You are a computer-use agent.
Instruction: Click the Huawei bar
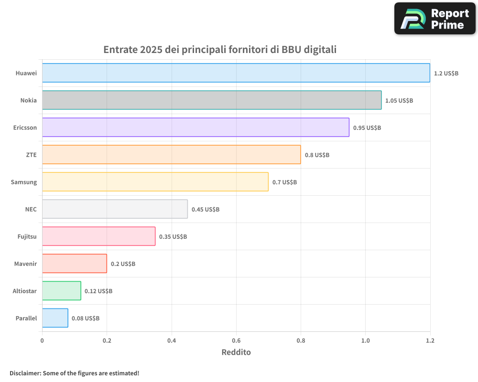tap(236, 73)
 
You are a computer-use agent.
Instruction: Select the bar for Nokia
tap(212, 100)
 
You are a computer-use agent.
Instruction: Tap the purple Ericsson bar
tap(196, 127)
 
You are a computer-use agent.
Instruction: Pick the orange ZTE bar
tap(171, 154)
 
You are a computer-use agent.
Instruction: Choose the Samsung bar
tap(155, 181)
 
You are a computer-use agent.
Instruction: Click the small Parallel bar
tap(55, 318)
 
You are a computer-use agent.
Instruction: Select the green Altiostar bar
tap(61, 290)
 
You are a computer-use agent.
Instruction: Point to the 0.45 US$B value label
tap(206, 209)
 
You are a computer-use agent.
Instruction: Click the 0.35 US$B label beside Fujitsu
tap(173, 236)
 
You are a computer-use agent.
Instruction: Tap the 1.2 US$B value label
tap(446, 73)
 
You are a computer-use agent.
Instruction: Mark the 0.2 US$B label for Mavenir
tap(123, 264)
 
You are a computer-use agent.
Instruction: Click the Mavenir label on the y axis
tap(25, 264)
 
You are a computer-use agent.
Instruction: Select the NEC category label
tap(31, 209)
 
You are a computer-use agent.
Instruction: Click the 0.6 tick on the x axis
tap(236, 340)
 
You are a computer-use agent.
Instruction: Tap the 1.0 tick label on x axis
tap(365, 340)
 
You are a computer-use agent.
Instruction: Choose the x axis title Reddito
tap(236, 352)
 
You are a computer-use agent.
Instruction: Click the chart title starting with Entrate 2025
tap(220, 50)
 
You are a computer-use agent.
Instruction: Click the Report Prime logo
tap(435, 19)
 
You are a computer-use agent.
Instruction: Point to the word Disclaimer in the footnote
tap(25, 373)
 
